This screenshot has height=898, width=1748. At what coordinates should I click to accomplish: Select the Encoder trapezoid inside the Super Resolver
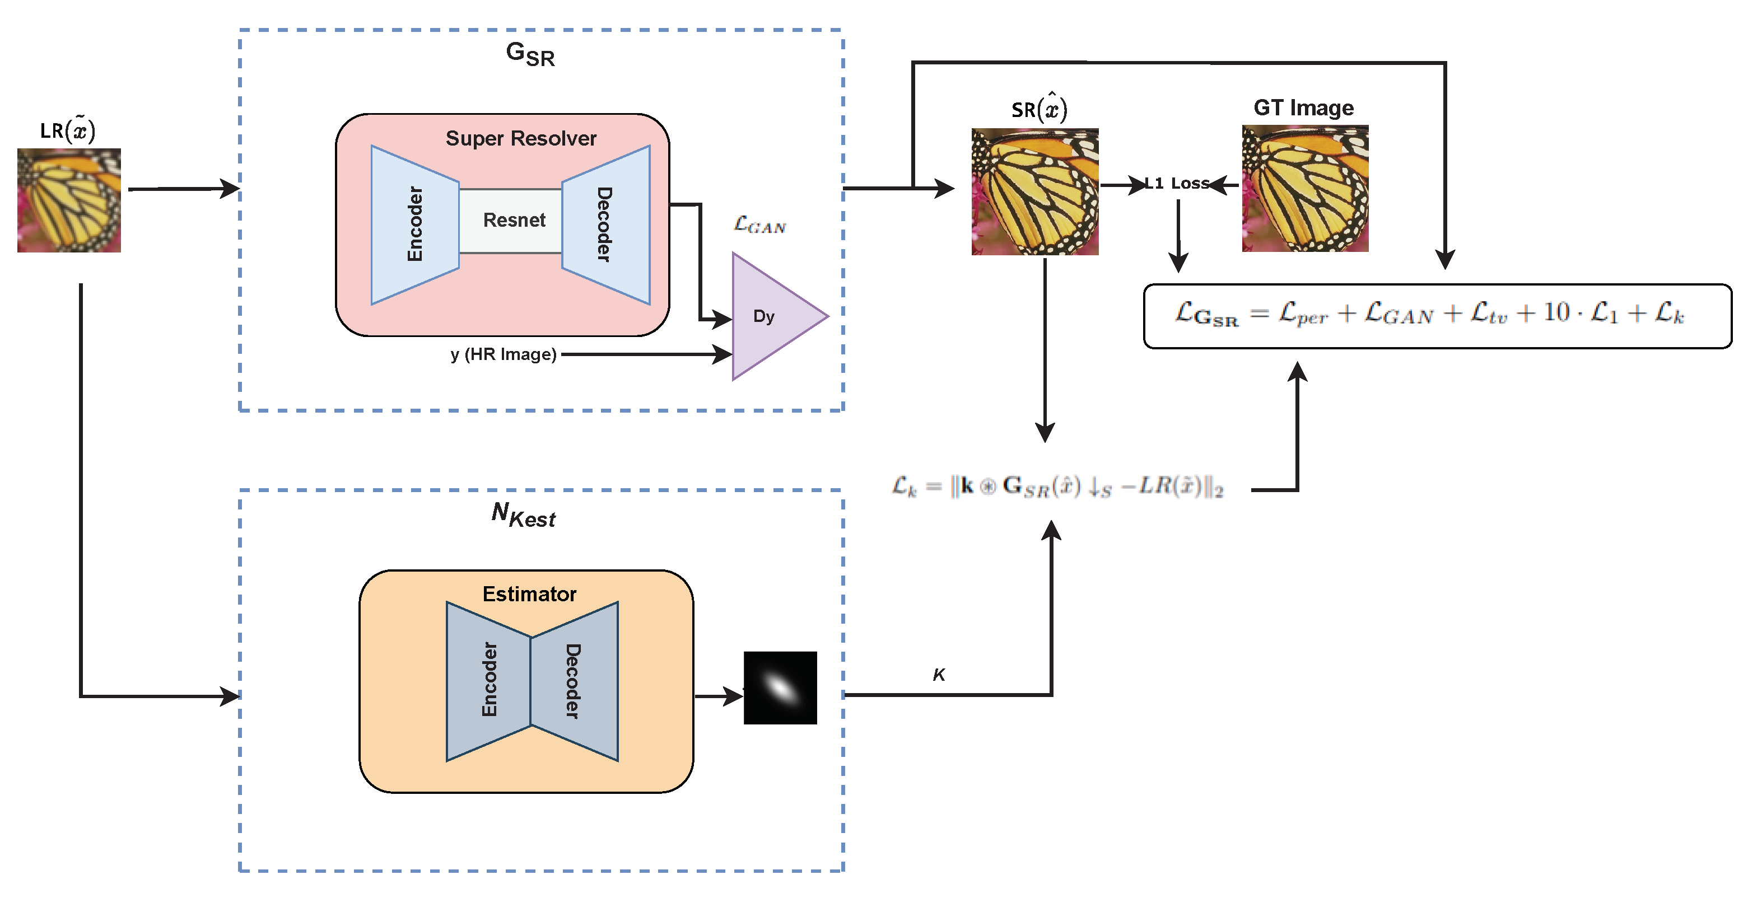414,225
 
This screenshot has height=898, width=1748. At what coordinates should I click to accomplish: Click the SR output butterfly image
1035,192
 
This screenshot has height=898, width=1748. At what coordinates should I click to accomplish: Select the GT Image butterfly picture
1305,189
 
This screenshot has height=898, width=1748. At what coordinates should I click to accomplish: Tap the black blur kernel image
780,687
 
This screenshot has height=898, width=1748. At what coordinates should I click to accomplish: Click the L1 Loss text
1177,183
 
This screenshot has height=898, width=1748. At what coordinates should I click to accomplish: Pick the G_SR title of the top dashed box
530,54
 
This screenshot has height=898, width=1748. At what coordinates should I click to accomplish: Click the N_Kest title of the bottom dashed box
523,515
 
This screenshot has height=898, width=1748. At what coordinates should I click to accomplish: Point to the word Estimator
529,594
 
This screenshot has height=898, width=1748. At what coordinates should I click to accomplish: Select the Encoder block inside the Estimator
488,680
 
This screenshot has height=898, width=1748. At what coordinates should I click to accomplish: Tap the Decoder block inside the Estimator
574,680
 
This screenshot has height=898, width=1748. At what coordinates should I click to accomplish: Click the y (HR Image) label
504,354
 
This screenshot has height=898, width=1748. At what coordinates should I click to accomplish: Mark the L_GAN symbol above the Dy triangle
760,225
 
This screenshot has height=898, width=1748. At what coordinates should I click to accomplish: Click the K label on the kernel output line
939,675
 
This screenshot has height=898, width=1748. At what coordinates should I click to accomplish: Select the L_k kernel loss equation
1057,487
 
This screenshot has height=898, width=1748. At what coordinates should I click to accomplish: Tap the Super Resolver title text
520,138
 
